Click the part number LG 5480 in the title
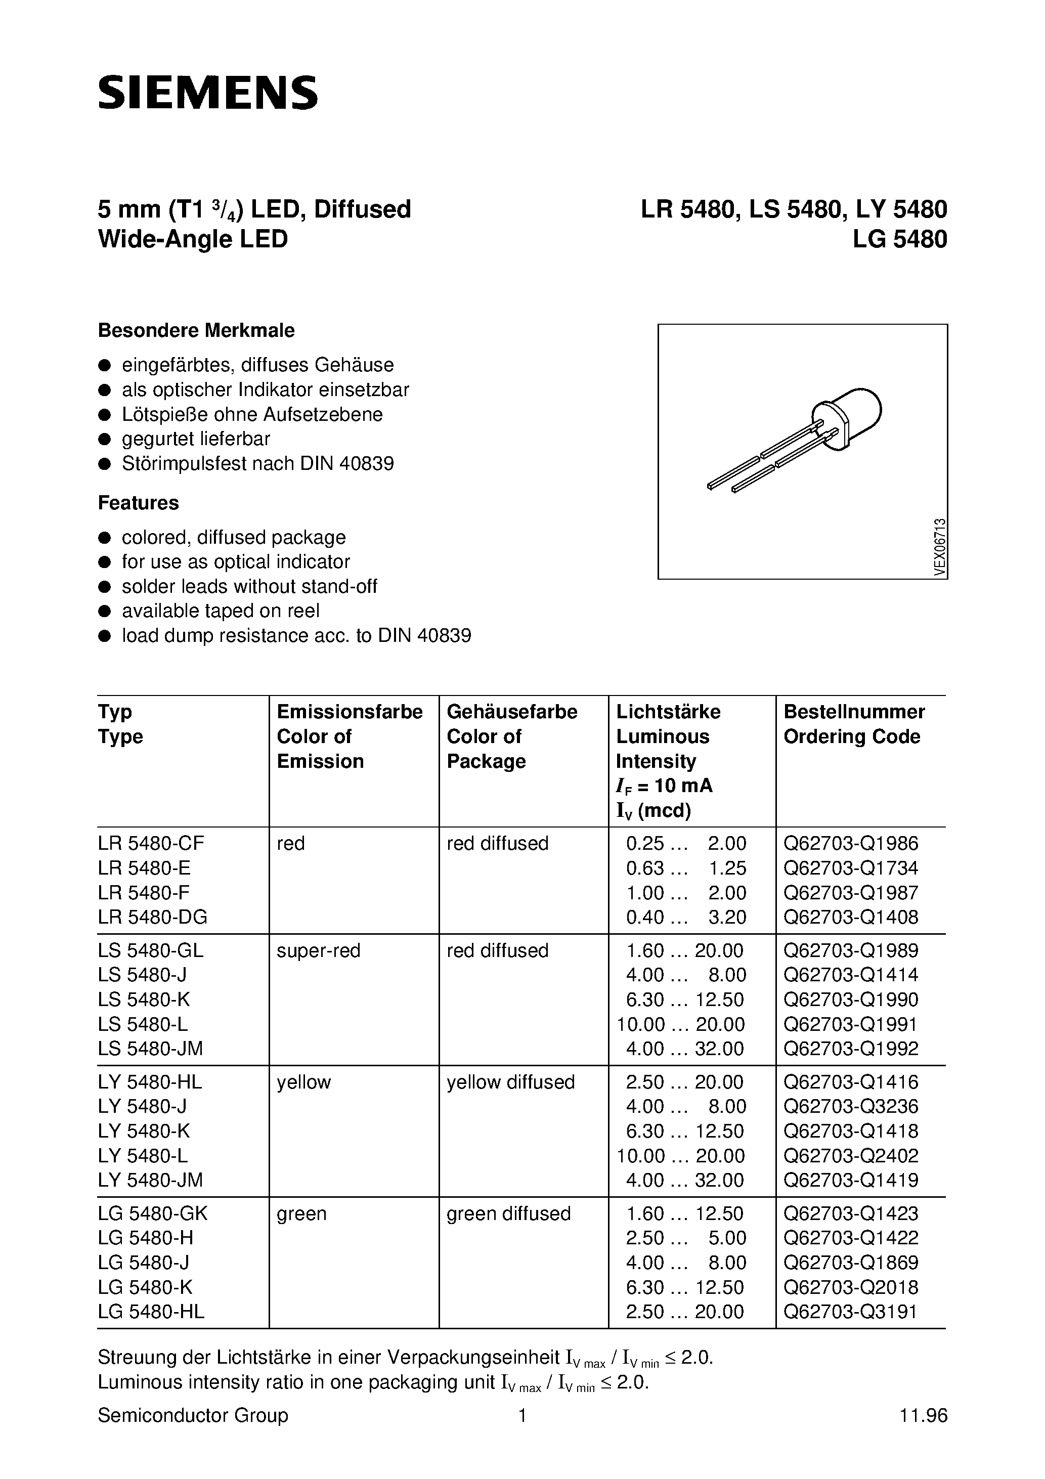click(x=899, y=239)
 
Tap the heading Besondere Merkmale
click(x=196, y=330)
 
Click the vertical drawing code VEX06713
click(x=940, y=547)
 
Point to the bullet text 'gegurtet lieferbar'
click(x=196, y=439)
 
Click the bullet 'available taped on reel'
click(x=221, y=611)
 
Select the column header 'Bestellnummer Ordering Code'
click(x=854, y=724)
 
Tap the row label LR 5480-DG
click(x=153, y=917)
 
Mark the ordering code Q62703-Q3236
click(x=850, y=1106)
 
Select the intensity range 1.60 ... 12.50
click(x=684, y=1213)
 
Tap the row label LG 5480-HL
click(x=151, y=1312)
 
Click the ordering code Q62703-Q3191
click(x=850, y=1312)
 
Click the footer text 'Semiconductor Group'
click(x=193, y=1415)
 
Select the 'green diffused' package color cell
click(x=508, y=1213)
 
